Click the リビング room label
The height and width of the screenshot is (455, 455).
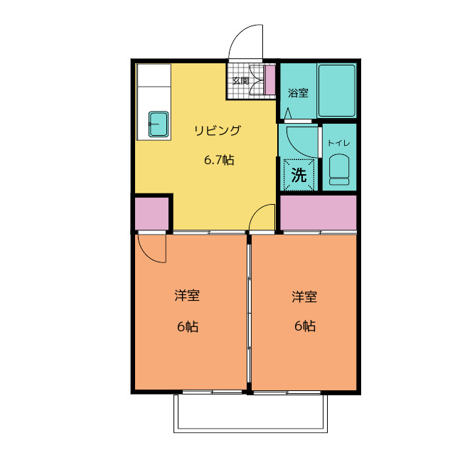(x=218, y=130)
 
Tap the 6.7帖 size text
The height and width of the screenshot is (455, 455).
(x=219, y=160)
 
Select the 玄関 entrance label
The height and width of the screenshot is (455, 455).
(x=241, y=80)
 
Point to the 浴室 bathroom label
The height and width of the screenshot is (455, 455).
(x=298, y=93)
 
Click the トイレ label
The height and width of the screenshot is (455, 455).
(x=339, y=143)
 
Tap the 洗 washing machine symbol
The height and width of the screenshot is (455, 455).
(x=299, y=175)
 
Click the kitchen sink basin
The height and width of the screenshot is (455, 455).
(x=159, y=124)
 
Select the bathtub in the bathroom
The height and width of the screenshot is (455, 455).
(x=336, y=91)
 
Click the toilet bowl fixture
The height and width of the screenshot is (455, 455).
(x=339, y=169)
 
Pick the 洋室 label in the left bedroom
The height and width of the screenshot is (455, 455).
(x=187, y=296)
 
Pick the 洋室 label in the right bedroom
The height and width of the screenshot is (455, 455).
(x=304, y=297)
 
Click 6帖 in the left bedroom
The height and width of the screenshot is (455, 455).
(x=188, y=327)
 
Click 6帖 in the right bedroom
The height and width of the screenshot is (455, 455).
(x=305, y=326)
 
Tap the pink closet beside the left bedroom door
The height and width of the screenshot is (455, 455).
(x=151, y=214)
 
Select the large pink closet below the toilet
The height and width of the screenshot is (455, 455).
(x=318, y=213)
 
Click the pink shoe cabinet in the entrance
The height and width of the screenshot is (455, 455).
(x=270, y=80)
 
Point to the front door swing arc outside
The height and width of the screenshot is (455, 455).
(x=240, y=33)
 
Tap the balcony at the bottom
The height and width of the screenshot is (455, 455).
(x=250, y=413)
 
